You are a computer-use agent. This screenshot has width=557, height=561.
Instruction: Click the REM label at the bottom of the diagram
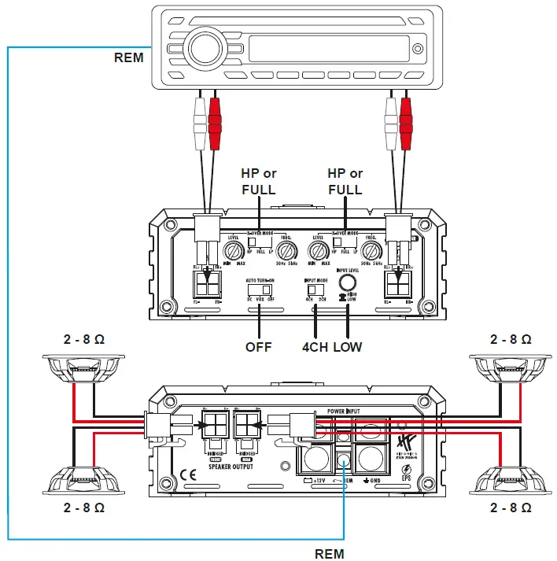tap(330, 553)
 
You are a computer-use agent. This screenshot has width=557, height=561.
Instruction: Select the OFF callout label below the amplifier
tap(258, 346)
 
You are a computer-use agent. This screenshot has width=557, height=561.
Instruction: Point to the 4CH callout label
tap(315, 346)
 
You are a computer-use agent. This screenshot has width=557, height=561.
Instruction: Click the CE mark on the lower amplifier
tap(189, 474)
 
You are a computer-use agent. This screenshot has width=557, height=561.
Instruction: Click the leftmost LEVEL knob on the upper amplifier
tap(232, 252)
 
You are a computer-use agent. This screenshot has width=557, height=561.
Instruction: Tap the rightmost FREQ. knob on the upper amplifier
tap(373, 252)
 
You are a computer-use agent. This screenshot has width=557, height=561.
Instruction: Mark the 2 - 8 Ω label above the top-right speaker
tap(511, 339)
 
